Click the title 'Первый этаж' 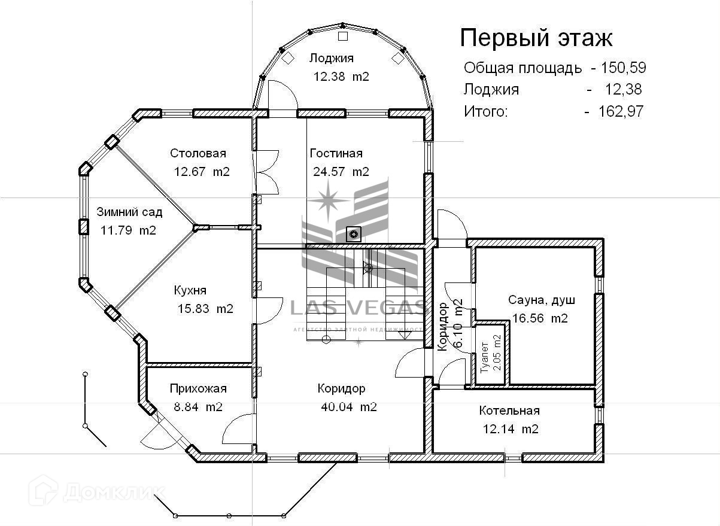click(x=536, y=38)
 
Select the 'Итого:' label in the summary click(x=485, y=111)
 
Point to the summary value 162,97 click(x=621, y=111)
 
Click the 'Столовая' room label click(x=198, y=154)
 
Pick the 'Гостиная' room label click(x=336, y=154)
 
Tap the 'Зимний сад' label click(x=129, y=212)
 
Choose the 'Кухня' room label click(x=190, y=290)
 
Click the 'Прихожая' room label click(x=198, y=388)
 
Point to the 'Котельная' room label click(x=509, y=411)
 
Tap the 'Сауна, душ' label click(x=537, y=300)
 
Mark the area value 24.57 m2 click(x=341, y=172)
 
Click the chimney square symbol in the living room click(x=354, y=233)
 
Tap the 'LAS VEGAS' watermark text click(x=358, y=308)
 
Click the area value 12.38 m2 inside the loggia click(x=341, y=77)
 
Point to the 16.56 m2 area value click(x=540, y=318)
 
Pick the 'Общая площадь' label click(x=522, y=68)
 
